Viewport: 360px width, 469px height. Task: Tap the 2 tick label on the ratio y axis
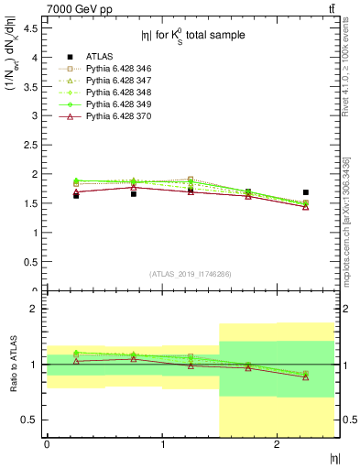[35, 310]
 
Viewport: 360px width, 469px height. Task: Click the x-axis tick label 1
[162, 444]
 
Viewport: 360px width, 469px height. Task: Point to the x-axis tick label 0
[47, 444]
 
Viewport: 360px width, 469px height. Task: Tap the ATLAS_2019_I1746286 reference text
[191, 274]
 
